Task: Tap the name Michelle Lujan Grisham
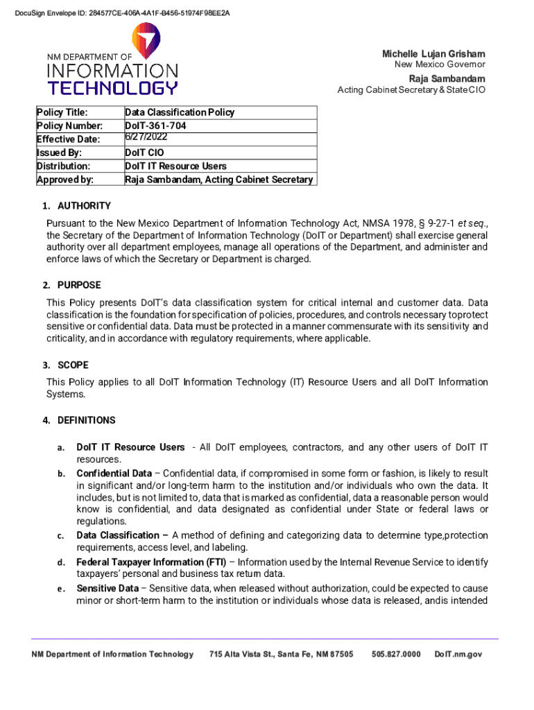point(433,54)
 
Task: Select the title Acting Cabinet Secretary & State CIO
point(411,90)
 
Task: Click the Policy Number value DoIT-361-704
point(155,125)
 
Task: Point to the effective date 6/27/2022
point(146,137)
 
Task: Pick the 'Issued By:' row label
point(59,153)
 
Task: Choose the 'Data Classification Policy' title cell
point(180,112)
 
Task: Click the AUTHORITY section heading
point(84,206)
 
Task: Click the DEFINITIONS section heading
point(87,420)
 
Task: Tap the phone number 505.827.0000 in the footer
point(396,655)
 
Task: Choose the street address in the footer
point(281,655)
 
